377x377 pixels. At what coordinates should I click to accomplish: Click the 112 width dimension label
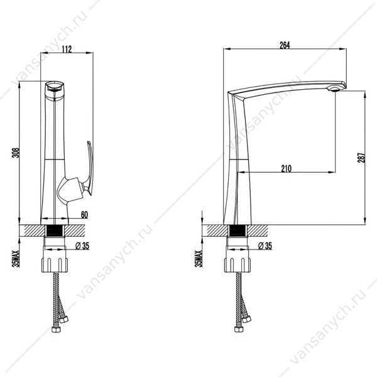pyautogui.click(x=67, y=49)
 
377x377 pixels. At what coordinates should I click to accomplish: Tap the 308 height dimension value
pyautogui.click(x=16, y=153)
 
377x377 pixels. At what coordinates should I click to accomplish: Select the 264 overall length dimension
pyautogui.click(x=285, y=45)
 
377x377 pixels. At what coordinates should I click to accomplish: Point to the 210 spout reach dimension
pyautogui.click(x=286, y=168)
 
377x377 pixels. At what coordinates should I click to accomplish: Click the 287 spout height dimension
pyautogui.click(x=361, y=158)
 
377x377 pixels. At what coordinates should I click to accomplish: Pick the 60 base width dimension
pyautogui.click(x=84, y=215)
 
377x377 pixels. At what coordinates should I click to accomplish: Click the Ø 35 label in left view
pyautogui.click(x=82, y=246)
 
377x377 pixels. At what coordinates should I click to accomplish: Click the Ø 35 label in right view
pyautogui.click(x=265, y=246)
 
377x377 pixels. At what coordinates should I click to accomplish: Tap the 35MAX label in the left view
pyautogui.click(x=16, y=259)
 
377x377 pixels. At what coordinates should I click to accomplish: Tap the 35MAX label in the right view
pyautogui.click(x=199, y=259)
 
